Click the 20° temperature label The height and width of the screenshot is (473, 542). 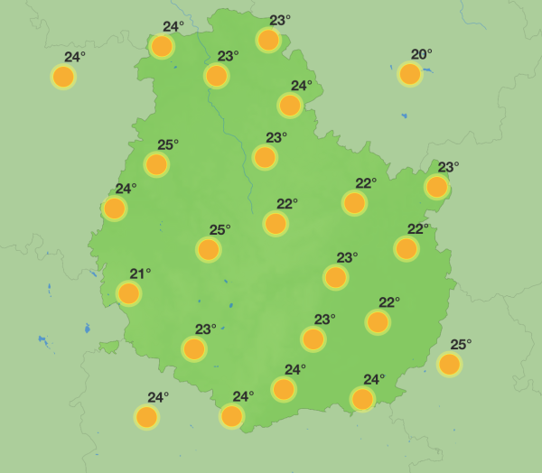[x=422, y=54]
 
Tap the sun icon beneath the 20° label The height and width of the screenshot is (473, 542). [x=410, y=74]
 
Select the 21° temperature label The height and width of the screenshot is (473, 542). [x=140, y=274]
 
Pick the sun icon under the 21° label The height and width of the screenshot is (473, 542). [x=129, y=293]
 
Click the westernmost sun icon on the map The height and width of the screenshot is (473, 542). [x=63, y=77]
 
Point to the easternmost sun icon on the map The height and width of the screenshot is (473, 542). [x=449, y=364]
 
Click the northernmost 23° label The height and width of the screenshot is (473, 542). [x=280, y=20]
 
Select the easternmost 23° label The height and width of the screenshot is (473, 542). [x=448, y=167]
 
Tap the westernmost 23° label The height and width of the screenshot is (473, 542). [x=206, y=329]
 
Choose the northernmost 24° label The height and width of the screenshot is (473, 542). [x=173, y=26]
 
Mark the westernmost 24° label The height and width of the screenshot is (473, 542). [x=74, y=57]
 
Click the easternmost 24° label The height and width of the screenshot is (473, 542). [x=374, y=379]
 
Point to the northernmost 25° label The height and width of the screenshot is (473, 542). [x=168, y=144]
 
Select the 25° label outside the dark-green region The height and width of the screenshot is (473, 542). [x=461, y=344]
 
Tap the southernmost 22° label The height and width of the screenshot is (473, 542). [x=388, y=301]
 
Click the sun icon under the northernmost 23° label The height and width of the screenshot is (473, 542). [x=268, y=40]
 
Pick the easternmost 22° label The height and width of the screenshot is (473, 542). [x=417, y=228]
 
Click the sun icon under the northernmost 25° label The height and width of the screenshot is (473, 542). [x=156, y=164]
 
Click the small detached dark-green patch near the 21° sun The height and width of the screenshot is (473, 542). [x=109, y=347]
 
